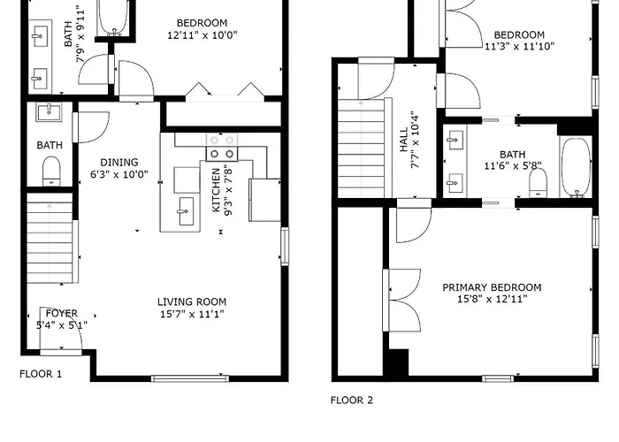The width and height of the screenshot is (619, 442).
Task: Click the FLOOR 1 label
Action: pyautogui.click(x=41, y=374)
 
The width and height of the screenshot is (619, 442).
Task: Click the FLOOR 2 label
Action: pyautogui.click(x=352, y=400)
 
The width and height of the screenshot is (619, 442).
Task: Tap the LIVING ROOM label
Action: pyautogui.click(x=192, y=302)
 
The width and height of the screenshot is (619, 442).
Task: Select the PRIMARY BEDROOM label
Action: pyautogui.click(x=492, y=287)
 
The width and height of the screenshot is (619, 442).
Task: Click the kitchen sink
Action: pyautogui.click(x=185, y=211)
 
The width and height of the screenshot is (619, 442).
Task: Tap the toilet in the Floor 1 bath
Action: pyautogui.click(x=51, y=171)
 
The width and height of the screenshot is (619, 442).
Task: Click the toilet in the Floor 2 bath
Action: pyautogui.click(x=538, y=183)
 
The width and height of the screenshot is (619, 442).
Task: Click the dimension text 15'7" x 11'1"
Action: pyautogui.click(x=192, y=314)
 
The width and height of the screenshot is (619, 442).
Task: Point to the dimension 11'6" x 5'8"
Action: pyautogui.click(x=513, y=166)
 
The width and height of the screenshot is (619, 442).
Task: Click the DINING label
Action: pyautogui.click(x=119, y=162)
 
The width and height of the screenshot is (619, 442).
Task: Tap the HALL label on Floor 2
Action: pyautogui.click(x=403, y=140)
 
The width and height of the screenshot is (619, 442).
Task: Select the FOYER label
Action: pyautogui.click(x=62, y=313)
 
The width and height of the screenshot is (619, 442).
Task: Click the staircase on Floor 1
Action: pyautogui.click(x=50, y=238)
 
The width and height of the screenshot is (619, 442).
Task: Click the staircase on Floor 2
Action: pyautogui.click(x=361, y=149)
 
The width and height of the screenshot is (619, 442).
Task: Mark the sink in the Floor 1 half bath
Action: pyautogui.click(x=49, y=112)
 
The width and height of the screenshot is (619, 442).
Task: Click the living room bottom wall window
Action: pyautogui.click(x=190, y=379)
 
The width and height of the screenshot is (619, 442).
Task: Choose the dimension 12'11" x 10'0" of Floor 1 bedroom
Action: pyautogui.click(x=203, y=35)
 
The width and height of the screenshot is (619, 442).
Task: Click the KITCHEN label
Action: pyautogui.click(x=216, y=190)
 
